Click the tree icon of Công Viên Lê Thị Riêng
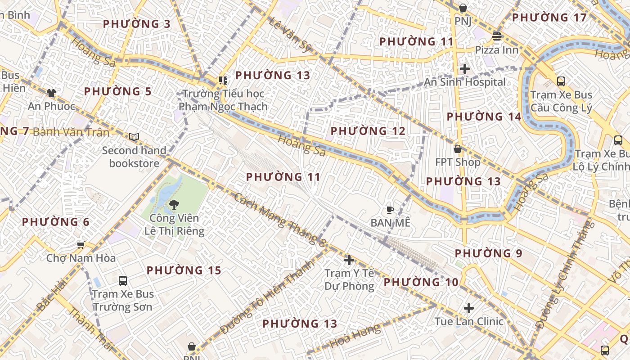pos(174,205)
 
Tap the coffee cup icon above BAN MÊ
pos(390,210)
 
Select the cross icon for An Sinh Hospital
pos(465,69)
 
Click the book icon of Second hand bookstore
pos(134,137)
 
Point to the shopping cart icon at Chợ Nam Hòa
pos(81,245)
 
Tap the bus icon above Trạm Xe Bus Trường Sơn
pos(123,281)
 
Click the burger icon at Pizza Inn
pos(497,36)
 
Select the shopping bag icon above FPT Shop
pos(458,148)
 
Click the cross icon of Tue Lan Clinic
pos(469,308)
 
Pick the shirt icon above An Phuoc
pos(51,93)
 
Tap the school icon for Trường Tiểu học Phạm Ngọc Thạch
pos(223,81)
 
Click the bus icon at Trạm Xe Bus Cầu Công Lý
pos(561,81)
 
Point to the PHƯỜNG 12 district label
pos(368,131)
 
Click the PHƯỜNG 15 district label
pos(184,270)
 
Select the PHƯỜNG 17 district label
pos(549,18)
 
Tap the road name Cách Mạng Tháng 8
pos(279,220)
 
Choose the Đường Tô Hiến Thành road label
pos(266,297)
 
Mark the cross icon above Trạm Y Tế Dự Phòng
pos(349,260)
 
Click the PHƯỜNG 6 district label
pos(56,222)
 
